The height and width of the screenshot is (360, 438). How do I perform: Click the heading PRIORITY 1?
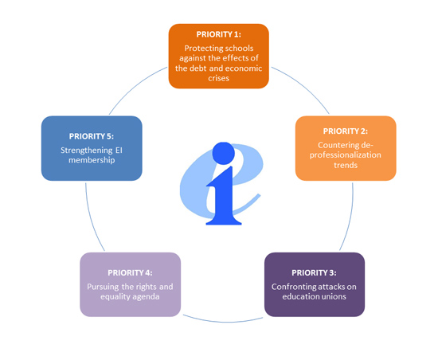(x=218, y=34)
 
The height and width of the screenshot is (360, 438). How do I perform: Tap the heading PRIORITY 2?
(x=346, y=131)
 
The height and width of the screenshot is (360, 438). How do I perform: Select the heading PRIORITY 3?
(x=314, y=272)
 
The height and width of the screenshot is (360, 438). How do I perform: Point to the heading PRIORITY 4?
(x=130, y=272)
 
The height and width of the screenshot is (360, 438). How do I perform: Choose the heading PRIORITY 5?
(x=92, y=136)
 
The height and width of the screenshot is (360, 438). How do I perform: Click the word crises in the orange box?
(x=218, y=78)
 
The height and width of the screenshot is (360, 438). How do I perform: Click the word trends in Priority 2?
(x=346, y=165)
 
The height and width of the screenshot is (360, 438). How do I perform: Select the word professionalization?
(x=346, y=155)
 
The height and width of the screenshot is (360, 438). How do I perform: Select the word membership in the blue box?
(x=92, y=160)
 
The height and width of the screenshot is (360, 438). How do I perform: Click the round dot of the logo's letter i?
(x=224, y=154)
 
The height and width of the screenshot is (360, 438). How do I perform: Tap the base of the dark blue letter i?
(x=224, y=221)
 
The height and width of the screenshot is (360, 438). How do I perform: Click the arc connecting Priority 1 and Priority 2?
(x=304, y=86)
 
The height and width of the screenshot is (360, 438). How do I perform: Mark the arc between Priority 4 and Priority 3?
(x=223, y=321)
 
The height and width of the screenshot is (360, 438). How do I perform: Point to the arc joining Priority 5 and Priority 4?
(x=92, y=218)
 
